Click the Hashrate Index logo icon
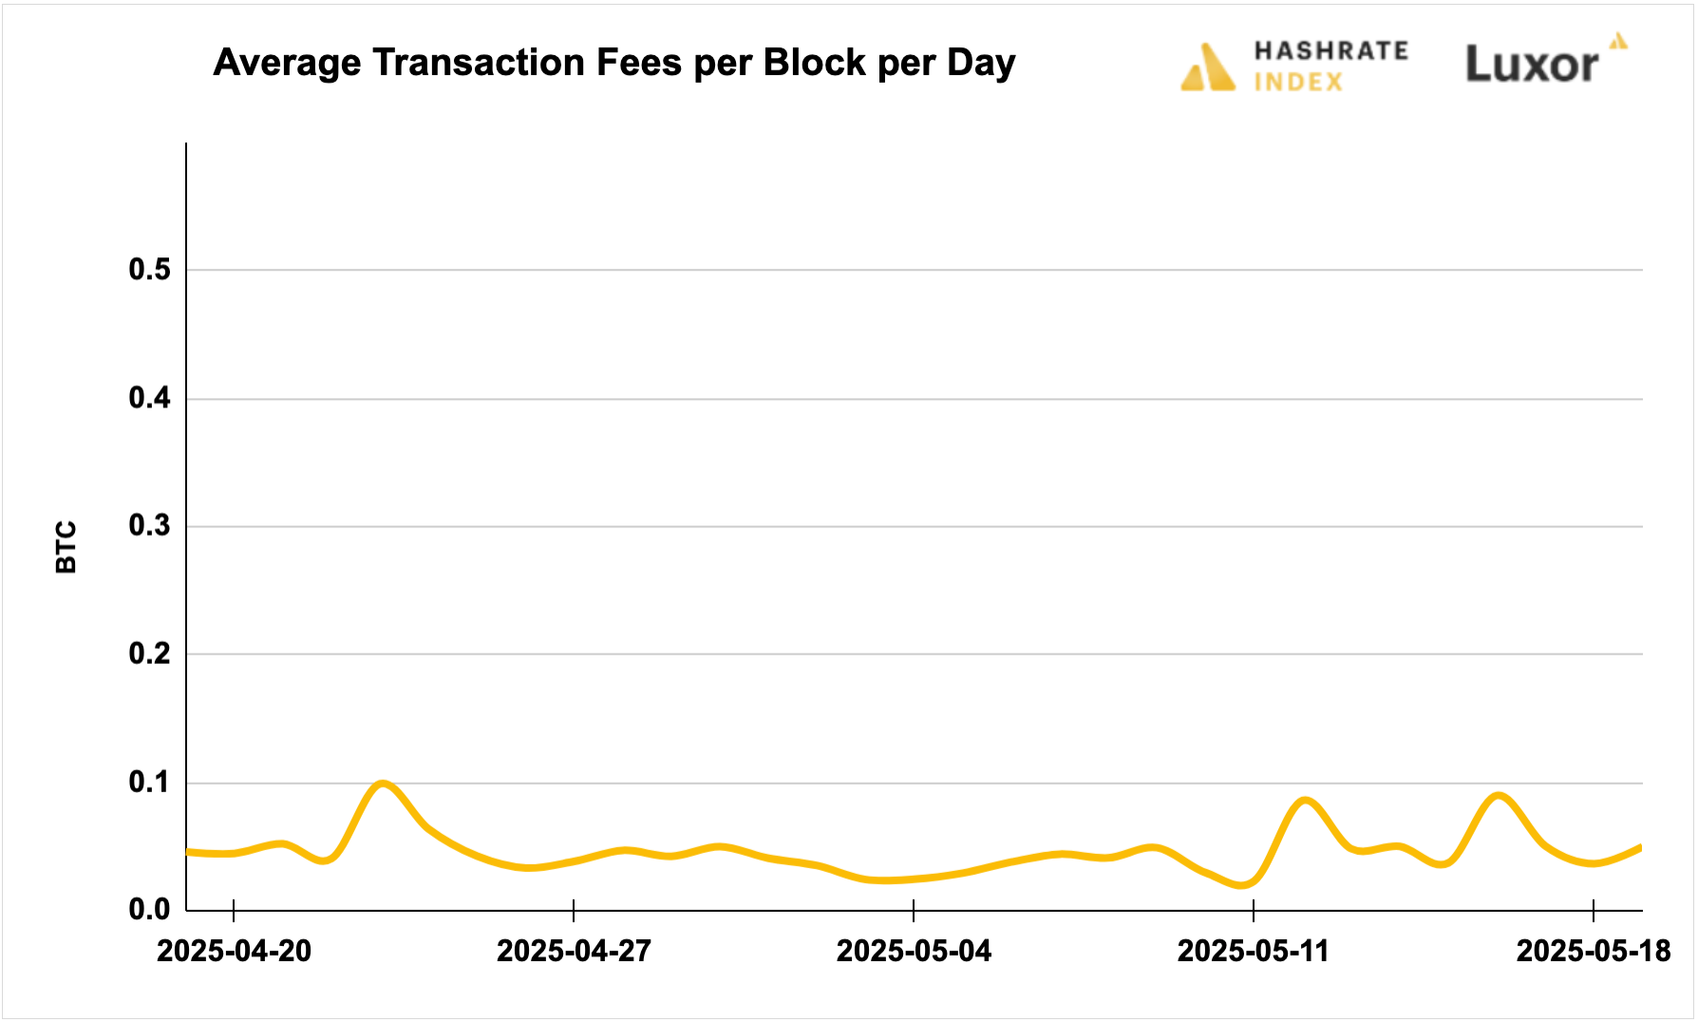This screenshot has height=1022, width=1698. [x=1207, y=67]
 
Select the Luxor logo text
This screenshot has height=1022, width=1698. [x=1532, y=65]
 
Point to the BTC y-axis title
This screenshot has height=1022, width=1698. [x=66, y=547]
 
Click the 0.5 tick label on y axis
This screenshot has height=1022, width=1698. [x=149, y=270]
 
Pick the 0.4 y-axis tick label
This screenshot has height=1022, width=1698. [x=149, y=398]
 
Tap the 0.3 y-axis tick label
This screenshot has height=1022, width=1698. [x=149, y=525]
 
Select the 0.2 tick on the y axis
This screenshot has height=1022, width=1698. [x=149, y=653]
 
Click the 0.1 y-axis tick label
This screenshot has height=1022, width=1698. [x=149, y=782]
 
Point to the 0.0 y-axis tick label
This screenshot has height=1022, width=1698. [x=149, y=910]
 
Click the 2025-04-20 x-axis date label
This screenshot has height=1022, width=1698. [x=234, y=951]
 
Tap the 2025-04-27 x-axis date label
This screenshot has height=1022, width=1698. [x=574, y=951]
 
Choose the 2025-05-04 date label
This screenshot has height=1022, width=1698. [x=914, y=951]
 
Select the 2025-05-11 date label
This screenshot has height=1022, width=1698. [x=1253, y=951]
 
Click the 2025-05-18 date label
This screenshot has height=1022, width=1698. [x=1593, y=951]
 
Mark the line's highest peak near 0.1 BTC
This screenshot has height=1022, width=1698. [x=382, y=784]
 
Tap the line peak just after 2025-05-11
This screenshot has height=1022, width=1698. [x=1307, y=801]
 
